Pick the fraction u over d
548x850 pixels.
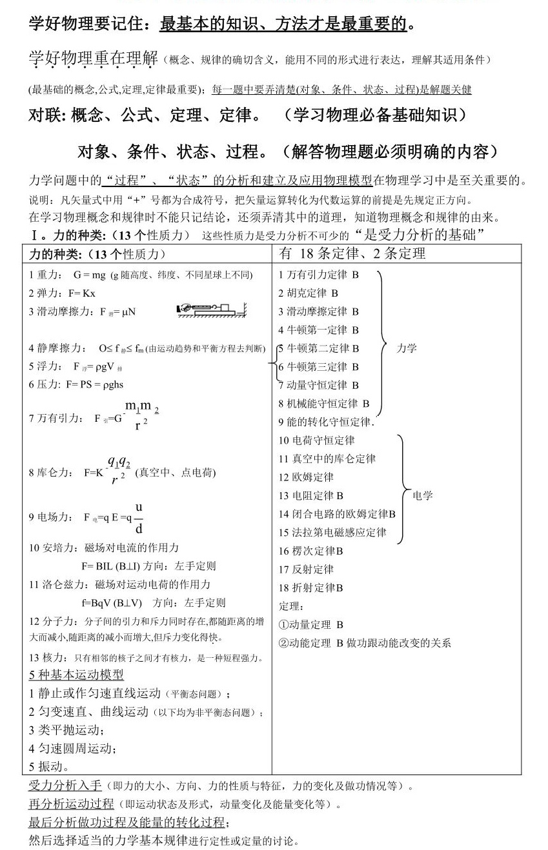tap(139, 518)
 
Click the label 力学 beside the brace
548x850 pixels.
tap(407, 348)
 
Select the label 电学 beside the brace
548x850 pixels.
tap(423, 495)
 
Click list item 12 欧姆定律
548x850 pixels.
tap(306, 477)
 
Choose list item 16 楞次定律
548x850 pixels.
tap(310, 551)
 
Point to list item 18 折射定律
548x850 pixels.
tap(310, 588)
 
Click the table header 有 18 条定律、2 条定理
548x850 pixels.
tap(352, 253)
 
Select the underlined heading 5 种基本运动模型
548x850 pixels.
tap(76, 675)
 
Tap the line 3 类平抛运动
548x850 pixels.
tap(66, 730)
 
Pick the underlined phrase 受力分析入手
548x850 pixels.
tap(65, 786)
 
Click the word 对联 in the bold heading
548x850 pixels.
tap(46, 115)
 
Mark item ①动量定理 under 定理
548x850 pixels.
tap(310, 624)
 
